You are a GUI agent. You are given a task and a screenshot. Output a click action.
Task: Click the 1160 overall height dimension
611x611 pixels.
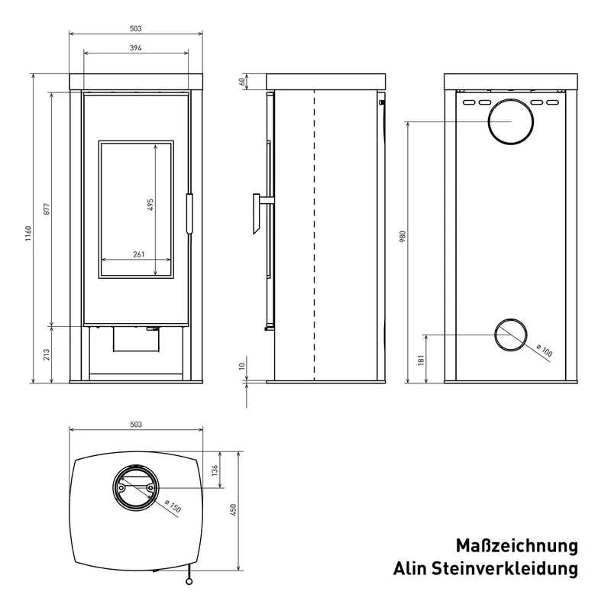coord(28,233)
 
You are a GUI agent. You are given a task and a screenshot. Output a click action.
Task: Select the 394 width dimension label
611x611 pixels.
coord(136,48)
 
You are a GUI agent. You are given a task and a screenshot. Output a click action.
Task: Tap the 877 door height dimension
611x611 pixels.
coord(47,209)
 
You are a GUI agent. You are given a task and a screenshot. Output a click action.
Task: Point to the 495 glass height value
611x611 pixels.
coord(150,205)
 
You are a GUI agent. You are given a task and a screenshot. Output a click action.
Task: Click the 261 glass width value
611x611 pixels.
coord(139,254)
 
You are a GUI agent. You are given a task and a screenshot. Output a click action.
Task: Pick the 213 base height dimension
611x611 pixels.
coord(47,354)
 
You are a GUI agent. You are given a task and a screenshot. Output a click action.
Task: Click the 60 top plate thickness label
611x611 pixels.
coord(242,82)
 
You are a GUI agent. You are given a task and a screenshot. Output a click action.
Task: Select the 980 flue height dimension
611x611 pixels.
coord(402,237)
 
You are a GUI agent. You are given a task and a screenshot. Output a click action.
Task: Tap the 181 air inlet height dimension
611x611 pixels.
coord(422,359)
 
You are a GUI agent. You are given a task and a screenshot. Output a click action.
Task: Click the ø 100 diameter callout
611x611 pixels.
coord(545,351)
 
